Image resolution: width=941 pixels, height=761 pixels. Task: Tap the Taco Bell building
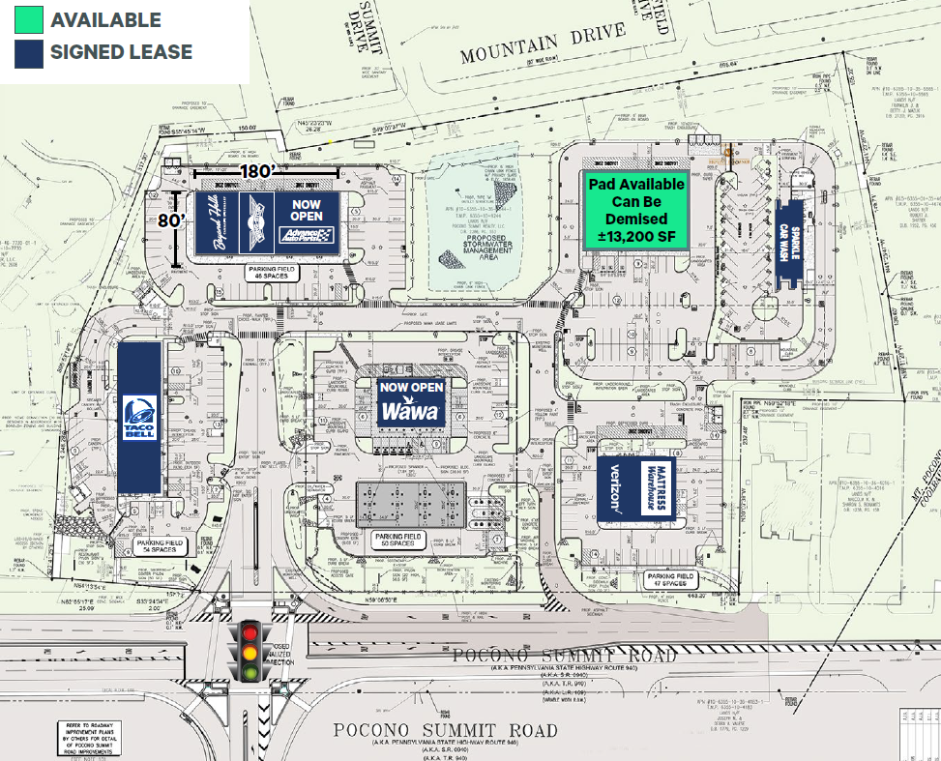[x=137, y=418]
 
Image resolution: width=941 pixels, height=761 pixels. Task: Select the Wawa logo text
[x=411, y=411]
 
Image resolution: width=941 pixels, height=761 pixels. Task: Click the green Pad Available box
[x=635, y=210]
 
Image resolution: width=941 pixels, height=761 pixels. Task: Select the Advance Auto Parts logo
[x=306, y=235]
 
